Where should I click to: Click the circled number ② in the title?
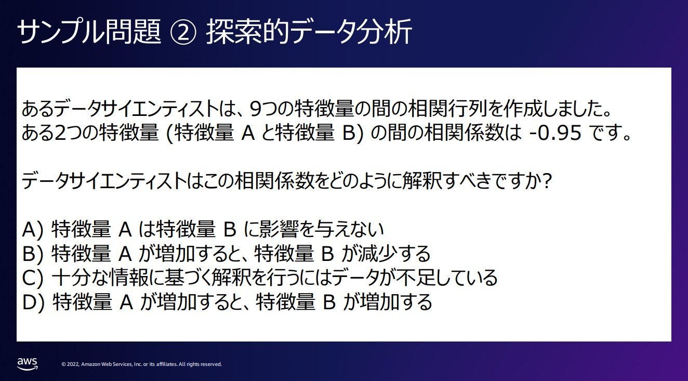click(183, 32)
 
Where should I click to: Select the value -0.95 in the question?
click(555, 133)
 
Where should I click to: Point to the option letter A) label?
click(33, 230)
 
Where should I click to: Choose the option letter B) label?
click(33, 254)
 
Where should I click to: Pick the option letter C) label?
click(33, 278)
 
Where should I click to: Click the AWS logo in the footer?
click(27, 363)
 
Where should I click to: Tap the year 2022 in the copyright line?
click(73, 364)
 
